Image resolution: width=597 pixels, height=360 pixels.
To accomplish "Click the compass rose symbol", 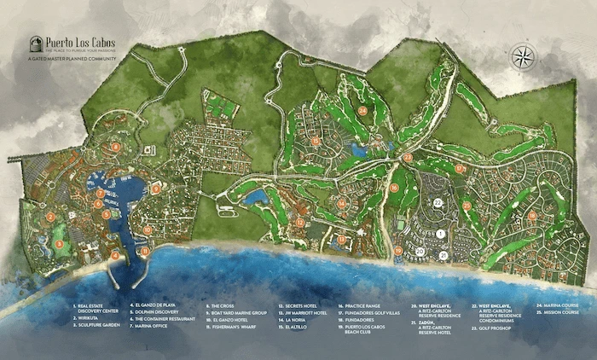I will tap(521, 58).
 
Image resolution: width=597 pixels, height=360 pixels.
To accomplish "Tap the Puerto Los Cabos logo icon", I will tap(36, 44).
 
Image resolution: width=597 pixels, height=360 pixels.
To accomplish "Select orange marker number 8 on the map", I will tap(115, 147).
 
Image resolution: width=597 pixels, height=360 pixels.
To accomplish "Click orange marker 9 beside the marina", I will tap(156, 189).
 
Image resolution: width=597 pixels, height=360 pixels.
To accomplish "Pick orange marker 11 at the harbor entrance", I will tap(145, 251).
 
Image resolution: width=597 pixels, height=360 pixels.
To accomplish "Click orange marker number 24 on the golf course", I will tap(362, 111).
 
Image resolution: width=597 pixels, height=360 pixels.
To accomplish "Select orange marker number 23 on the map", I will tap(408, 157).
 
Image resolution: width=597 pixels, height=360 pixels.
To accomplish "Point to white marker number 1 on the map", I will tap(440, 232).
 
